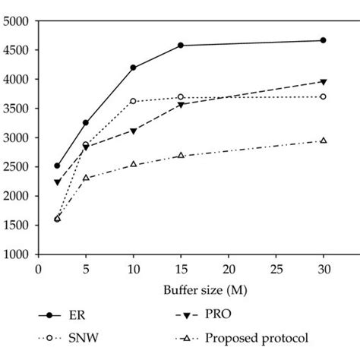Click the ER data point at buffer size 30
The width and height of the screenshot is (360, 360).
coord(324,40)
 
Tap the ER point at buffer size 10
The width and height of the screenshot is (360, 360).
coord(134,68)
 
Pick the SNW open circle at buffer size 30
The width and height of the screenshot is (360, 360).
coord(324,96)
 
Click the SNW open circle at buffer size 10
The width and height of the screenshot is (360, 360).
coord(134,101)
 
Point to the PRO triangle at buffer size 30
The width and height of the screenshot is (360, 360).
coord(324,82)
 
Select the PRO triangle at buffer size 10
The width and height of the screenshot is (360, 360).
coord(134,131)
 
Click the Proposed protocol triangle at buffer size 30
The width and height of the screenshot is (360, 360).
coord(324,141)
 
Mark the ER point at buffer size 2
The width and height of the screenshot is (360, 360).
coord(57,166)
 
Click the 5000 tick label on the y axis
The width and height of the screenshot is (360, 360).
coord(17,21)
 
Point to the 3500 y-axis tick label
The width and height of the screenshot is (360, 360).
coord(17,109)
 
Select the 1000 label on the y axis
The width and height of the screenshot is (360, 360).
coord(17,255)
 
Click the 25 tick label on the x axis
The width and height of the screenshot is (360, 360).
coord(276,268)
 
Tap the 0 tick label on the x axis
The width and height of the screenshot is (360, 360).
coord(38,268)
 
